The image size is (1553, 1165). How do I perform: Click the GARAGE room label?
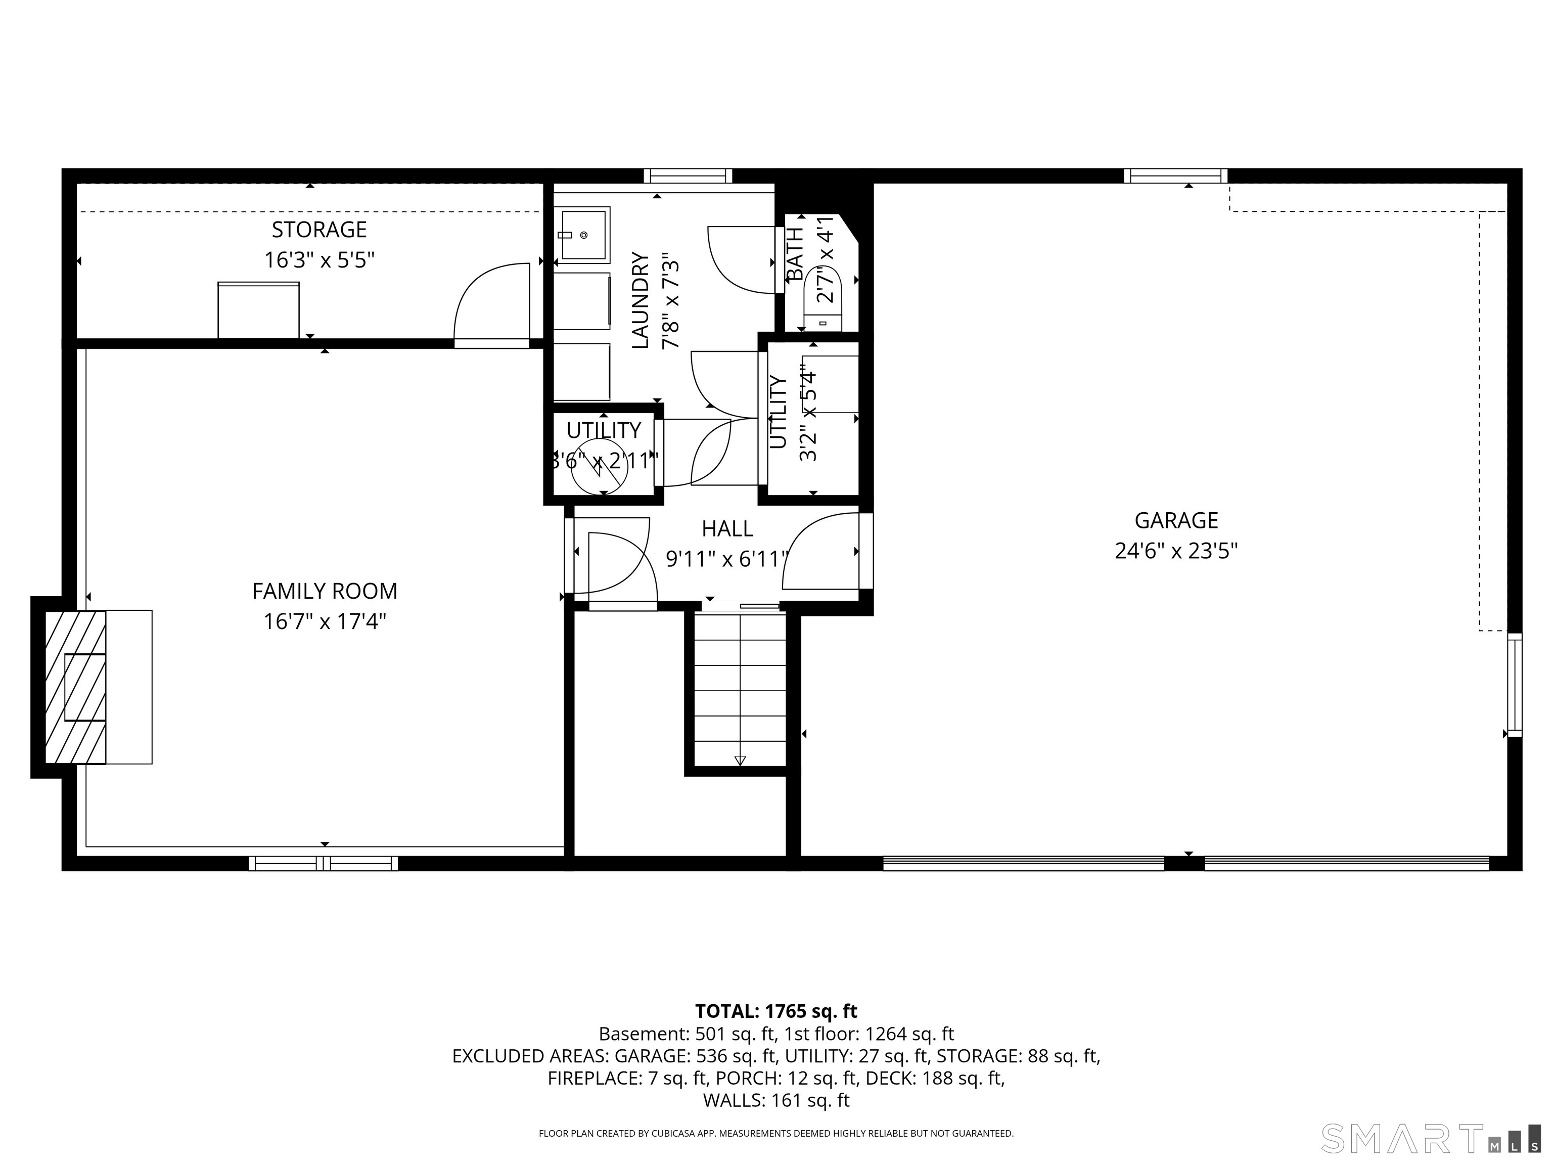[1176, 520]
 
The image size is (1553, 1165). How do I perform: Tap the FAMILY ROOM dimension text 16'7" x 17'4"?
[325, 621]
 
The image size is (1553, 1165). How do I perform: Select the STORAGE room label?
[319, 230]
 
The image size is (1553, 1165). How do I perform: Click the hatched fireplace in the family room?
[75, 687]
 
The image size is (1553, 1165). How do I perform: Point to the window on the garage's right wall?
[1515, 685]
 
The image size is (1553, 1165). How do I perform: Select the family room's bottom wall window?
[324, 864]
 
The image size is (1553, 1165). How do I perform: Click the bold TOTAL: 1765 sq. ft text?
[776, 1011]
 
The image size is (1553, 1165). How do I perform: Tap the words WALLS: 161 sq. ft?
[776, 1100]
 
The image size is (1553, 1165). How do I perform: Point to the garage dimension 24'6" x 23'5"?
[1176, 551]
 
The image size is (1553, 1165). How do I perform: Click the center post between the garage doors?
[1184, 864]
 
